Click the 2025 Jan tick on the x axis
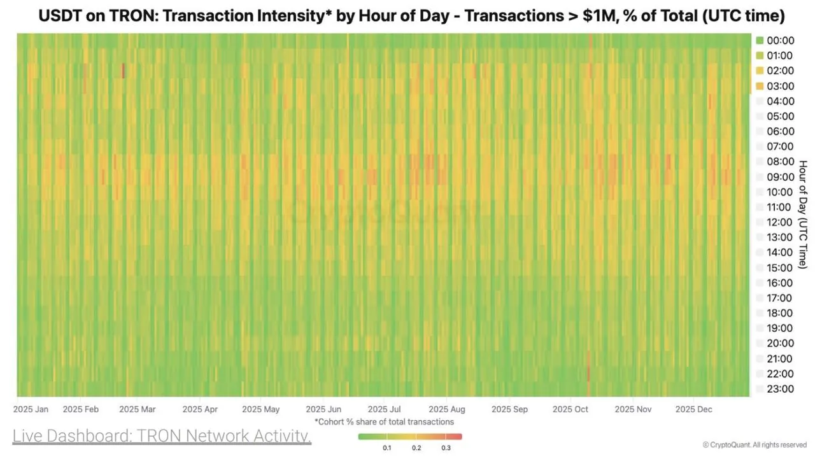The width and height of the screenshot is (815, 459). pyautogui.click(x=31, y=409)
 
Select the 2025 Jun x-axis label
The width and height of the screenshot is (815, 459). pyautogui.click(x=323, y=409)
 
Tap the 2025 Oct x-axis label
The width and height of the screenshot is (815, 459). pyautogui.click(x=570, y=409)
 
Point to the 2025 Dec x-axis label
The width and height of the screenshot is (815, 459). pyautogui.click(x=693, y=409)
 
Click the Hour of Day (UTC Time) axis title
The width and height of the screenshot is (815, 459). pyautogui.click(x=802, y=214)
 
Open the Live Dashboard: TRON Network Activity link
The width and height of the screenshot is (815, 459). pyautogui.click(x=162, y=437)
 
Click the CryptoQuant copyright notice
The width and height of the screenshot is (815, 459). pyautogui.click(x=755, y=445)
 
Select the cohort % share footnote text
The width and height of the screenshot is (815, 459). pyautogui.click(x=384, y=421)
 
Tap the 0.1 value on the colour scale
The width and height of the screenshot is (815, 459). pyautogui.click(x=386, y=448)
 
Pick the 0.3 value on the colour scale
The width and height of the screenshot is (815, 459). pyautogui.click(x=446, y=448)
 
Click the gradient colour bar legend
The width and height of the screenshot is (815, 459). pyautogui.click(x=409, y=437)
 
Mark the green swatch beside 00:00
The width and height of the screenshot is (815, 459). pyautogui.click(x=759, y=41)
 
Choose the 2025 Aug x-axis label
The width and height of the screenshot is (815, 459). pyautogui.click(x=447, y=409)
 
